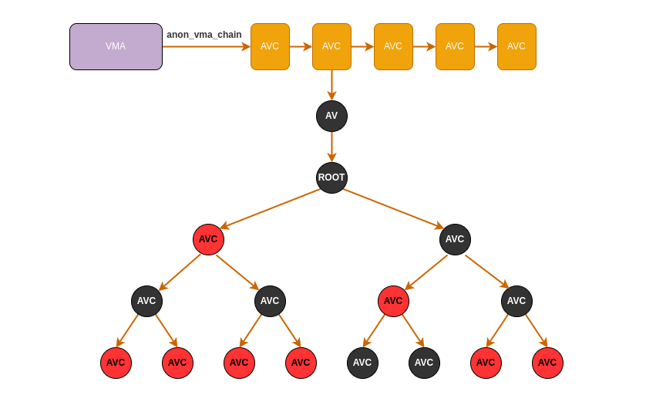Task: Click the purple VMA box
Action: click(116, 46)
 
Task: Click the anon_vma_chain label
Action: click(204, 35)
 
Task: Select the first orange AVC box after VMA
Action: click(270, 46)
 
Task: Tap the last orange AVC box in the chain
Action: click(516, 46)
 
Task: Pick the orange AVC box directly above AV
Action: click(331, 46)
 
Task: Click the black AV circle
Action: click(331, 116)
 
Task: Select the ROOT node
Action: click(331, 177)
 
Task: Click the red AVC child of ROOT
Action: click(208, 239)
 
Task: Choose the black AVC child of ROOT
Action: click(455, 239)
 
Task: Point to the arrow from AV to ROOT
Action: click(331, 147)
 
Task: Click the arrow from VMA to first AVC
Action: click(207, 46)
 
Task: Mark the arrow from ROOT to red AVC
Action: click(270, 208)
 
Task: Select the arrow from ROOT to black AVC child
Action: click(393, 208)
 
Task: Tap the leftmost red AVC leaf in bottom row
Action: click(116, 363)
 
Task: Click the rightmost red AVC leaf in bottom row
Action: click(547, 363)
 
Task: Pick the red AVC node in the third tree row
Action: click(393, 301)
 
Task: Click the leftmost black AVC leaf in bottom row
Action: click(362, 363)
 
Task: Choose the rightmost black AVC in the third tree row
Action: click(516, 301)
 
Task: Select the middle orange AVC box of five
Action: click(393, 46)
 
